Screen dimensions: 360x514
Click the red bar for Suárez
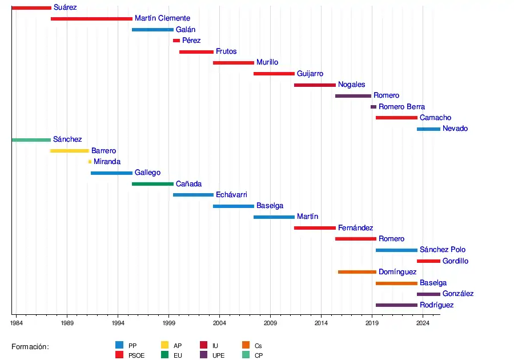coord(31,8)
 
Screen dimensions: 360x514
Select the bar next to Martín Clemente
coord(91,19)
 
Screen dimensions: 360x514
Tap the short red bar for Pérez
coord(176,41)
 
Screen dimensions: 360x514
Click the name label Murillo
coord(267,62)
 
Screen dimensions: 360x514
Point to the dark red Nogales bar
coord(315,85)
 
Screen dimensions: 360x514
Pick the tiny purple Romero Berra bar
coord(374,107)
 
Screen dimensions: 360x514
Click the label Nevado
coord(455,129)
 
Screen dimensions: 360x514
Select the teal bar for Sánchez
coord(31,140)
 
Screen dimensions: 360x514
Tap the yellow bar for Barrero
coord(70,151)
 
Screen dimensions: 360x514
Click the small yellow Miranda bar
coord(90,162)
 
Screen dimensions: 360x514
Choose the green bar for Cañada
coord(152,184)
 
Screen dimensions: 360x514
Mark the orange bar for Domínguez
coord(357,272)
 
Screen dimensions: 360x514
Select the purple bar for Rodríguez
coord(396,305)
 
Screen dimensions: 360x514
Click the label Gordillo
coord(455,261)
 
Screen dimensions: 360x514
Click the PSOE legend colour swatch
coord(119,355)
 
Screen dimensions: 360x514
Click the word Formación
coord(30,347)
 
